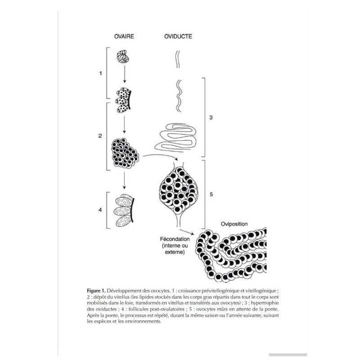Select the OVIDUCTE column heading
pyautogui.click(x=177, y=37)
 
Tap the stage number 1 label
pyautogui.click(x=101, y=72)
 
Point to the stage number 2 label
pyautogui.click(x=101, y=135)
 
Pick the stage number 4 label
pyautogui.click(x=101, y=210)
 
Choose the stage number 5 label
pyautogui.click(x=211, y=195)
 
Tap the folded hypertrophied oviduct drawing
pyautogui.click(x=177, y=136)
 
